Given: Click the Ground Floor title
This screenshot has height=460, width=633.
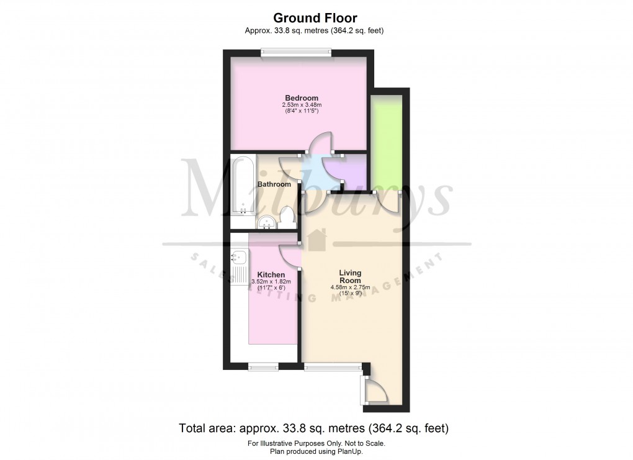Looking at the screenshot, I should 315,19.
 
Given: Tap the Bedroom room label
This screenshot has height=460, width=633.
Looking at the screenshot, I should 302,98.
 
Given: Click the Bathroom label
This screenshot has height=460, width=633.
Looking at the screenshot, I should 274,184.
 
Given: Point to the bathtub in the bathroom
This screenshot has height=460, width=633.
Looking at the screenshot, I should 243,186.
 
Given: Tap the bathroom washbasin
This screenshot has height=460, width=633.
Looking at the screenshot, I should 267,222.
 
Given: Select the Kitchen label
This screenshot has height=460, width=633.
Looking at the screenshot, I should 271,274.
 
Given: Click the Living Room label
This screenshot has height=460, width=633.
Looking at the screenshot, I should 351,277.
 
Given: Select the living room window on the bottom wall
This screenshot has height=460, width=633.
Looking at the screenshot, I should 333,367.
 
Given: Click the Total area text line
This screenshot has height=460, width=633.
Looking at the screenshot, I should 314,428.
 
